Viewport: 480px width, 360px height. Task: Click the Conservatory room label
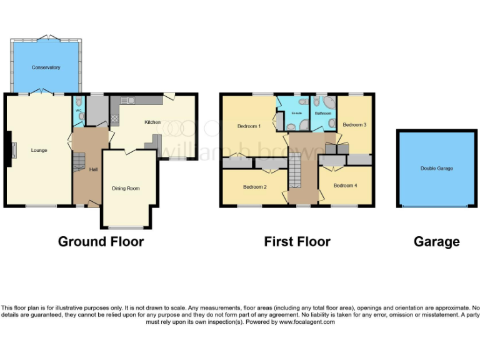pyautogui.click(x=46, y=67)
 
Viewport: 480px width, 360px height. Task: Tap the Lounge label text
pyautogui.click(x=39, y=150)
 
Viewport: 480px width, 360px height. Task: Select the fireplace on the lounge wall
pyautogui.click(x=11, y=151)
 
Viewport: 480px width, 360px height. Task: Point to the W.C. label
pyautogui.click(x=79, y=111)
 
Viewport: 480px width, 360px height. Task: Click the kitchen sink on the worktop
pyautogui.click(x=127, y=100)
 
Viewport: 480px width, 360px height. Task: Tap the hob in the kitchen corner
pyautogui.click(x=114, y=117)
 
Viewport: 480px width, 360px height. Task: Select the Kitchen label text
pyautogui.click(x=152, y=122)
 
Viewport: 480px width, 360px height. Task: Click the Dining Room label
pyautogui.click(x=126, y=188)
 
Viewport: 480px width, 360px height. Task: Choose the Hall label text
pyautogui.click(x=93, y=169)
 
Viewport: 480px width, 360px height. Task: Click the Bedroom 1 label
pyautogui.click(x=249, y=126)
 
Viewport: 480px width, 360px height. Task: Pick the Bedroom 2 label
pyautogui.click(x=255, y=187)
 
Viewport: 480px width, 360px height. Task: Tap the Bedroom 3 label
pyautogui.click(x=354, y=124)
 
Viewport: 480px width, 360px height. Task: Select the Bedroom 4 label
pyautogui.click(x=345, y=186)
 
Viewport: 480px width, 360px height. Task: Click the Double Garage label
pyautogui.click(x=437, y=169)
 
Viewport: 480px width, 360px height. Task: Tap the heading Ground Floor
pyautogui.click(x=101, y=241)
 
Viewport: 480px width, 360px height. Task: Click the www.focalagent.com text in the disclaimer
pyautogui.click(x=306, y=322)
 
